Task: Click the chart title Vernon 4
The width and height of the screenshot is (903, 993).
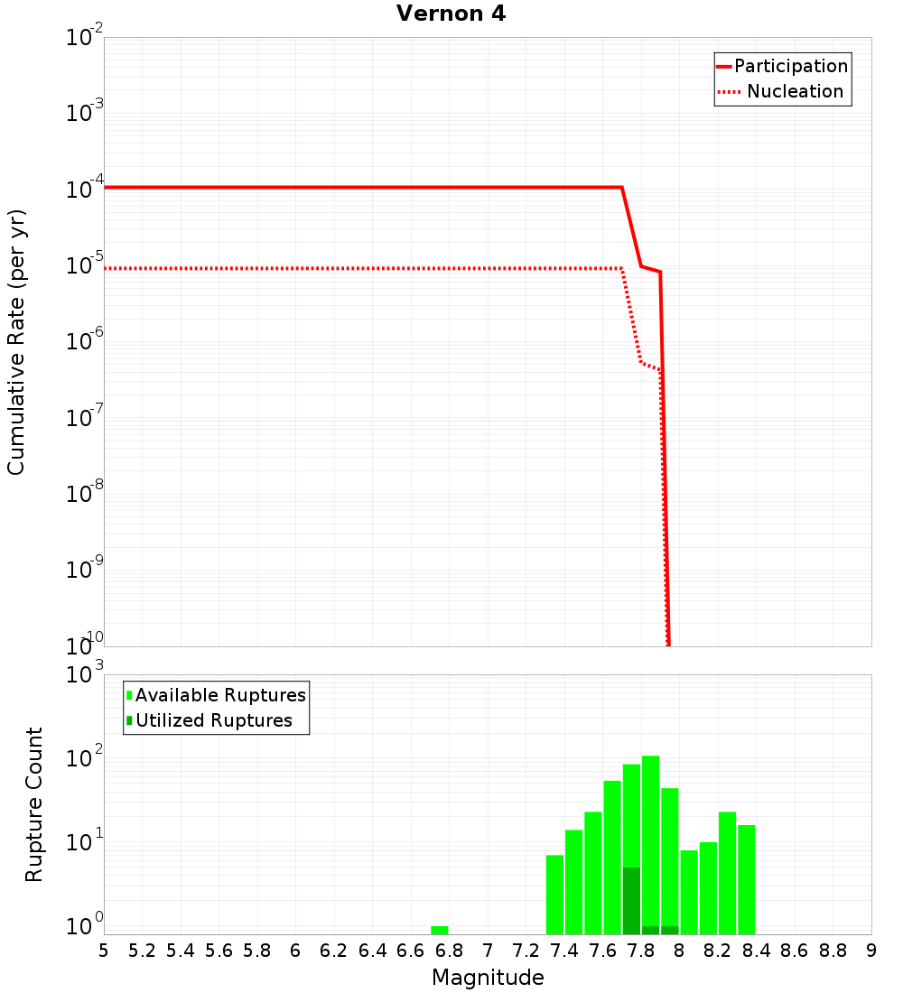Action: (x=451, y=14)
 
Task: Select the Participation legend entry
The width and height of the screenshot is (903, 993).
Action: (x=791, y=66)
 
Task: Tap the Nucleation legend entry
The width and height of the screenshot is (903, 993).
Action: (x=795, y=91)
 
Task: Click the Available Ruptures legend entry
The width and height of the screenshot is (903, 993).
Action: (x=220, y=695)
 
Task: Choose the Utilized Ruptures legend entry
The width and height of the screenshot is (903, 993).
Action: (x=213, y=720)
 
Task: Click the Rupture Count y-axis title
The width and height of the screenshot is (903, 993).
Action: (x=34, y=803)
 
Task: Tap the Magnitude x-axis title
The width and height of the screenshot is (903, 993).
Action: (x=488, y=978)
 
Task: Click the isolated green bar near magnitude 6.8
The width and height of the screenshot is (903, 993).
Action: (x=440, y=930)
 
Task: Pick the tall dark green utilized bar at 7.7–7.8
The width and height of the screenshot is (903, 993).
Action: (x=631, y=901)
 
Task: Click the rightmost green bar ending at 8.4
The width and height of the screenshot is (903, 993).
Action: (x=747, y=879)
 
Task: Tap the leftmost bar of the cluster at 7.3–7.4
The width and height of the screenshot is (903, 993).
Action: (x=554, y=894)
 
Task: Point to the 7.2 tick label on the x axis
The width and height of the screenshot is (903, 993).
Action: (x=526, y=951)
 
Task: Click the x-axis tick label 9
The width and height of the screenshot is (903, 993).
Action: (x=871, y=951)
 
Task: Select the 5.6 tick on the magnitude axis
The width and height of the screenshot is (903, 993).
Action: (x=219, y=951)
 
